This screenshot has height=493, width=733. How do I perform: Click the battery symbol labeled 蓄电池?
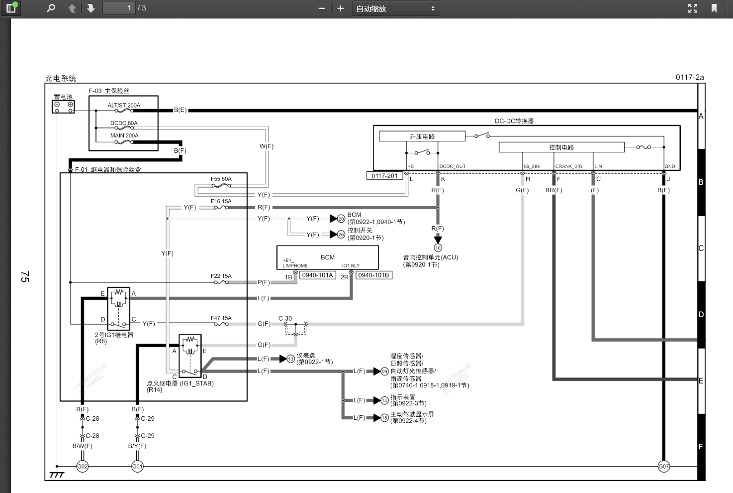click(63, 106)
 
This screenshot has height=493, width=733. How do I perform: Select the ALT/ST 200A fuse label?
click(124, 106)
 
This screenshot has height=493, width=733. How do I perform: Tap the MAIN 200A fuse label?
click(124, 135)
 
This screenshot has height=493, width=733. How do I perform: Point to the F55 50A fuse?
click(221, 186)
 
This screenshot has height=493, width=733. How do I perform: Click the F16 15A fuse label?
click(221, 202)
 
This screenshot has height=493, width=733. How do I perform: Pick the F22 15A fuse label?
click(221, 276)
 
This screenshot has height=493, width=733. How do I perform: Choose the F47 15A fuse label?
click(221, 318)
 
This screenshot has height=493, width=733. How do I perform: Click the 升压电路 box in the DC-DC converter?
click(422, 136)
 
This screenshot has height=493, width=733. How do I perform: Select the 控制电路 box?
click(561, 147)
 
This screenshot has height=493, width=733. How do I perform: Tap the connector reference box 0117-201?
click(384, 176)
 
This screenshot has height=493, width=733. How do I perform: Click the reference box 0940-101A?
click(317, 275)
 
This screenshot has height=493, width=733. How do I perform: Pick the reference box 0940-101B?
click(373, 275)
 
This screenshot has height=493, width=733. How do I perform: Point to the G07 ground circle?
click(663, 467)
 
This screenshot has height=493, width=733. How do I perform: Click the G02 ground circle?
click(82, 467)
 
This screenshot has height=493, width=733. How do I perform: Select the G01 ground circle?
click(137, 467)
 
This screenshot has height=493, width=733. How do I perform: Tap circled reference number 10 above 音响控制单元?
click(438, 247)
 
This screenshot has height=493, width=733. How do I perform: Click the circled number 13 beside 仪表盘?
click(290, 359)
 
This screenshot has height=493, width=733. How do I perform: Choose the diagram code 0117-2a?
click(689, 77)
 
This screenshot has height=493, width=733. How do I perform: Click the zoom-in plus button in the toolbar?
click(340, 8)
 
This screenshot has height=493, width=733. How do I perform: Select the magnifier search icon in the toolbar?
click(51, 8)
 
